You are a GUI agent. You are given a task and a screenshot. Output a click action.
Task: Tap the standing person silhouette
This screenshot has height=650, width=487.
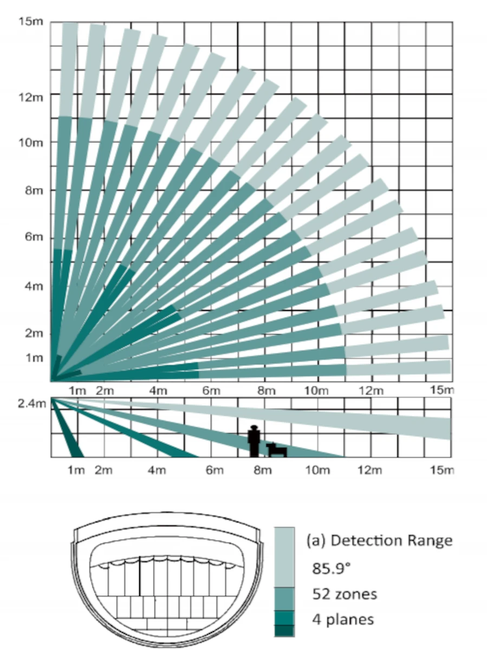click(254, 440)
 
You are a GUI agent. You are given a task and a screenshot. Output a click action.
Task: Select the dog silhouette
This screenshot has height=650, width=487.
click(276, 449)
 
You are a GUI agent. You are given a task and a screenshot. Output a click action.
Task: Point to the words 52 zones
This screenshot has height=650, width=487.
click(345, 594)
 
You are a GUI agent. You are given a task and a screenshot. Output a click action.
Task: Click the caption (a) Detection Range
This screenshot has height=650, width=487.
click(379, 540)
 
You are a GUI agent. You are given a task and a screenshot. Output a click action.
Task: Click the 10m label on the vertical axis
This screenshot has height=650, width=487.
click(27, 142)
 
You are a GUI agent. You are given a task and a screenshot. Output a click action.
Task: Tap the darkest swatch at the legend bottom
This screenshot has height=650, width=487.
click(284, 630)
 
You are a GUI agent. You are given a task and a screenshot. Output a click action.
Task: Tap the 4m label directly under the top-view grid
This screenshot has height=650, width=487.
click(157, 391)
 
